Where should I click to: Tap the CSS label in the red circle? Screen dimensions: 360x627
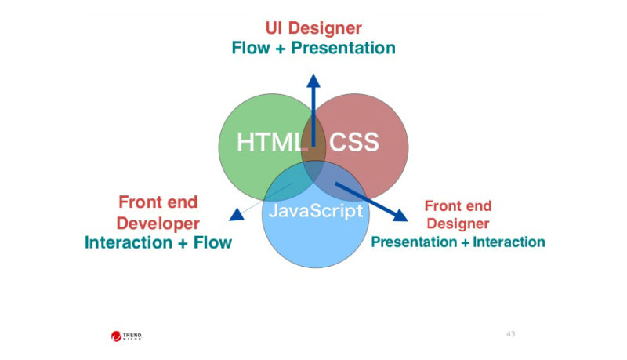(x=353, y=143)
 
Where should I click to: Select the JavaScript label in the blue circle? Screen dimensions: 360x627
(x=316, y=211)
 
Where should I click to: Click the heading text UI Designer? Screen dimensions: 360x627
(x=313, y=29)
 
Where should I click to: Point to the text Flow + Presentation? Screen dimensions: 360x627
(x=313, y=48)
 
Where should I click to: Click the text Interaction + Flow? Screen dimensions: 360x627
(x=158, y=242)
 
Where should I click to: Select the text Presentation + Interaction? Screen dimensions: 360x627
(x=458, y=242)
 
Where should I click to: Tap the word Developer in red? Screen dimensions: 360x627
(x=158, y=223)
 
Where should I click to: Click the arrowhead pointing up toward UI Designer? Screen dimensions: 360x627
(x=313, y=79)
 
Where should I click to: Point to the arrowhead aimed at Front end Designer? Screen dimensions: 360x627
(x=401, y=214)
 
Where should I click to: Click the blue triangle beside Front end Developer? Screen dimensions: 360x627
(x=236, y=214)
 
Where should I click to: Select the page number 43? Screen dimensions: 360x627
(x=510, y=334)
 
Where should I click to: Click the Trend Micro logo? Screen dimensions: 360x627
(x=126, y=336)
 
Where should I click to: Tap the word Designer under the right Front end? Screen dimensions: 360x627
(x=458, y=224)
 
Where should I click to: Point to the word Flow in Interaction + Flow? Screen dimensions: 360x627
(x=213, y=242)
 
